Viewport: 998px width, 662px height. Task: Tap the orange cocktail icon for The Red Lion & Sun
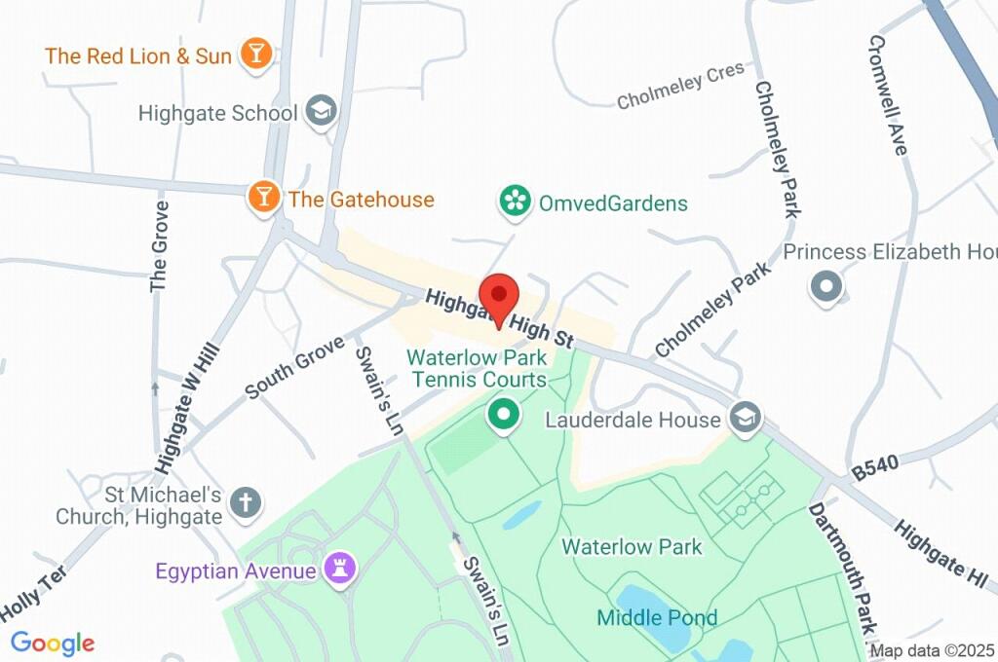click(x=255, y=55)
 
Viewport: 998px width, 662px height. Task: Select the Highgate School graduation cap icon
click(x=320, y=113)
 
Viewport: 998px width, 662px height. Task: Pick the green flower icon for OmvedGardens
click(x=514, y=202)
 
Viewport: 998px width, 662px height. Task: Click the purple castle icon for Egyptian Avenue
click(x=341, y=569)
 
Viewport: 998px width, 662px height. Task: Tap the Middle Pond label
click(x=657, y=617)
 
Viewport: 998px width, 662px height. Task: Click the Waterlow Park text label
click(x=632, y=546)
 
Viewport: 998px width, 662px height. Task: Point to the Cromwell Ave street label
click(x=887, y=94)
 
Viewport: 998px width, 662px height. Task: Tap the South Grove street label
click(x=294, y=367)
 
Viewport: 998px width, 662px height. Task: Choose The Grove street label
click(x=160, y=246)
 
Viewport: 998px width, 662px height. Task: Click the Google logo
click(x=53, y=643)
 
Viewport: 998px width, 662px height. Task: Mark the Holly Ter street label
click(x=32, y=595)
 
